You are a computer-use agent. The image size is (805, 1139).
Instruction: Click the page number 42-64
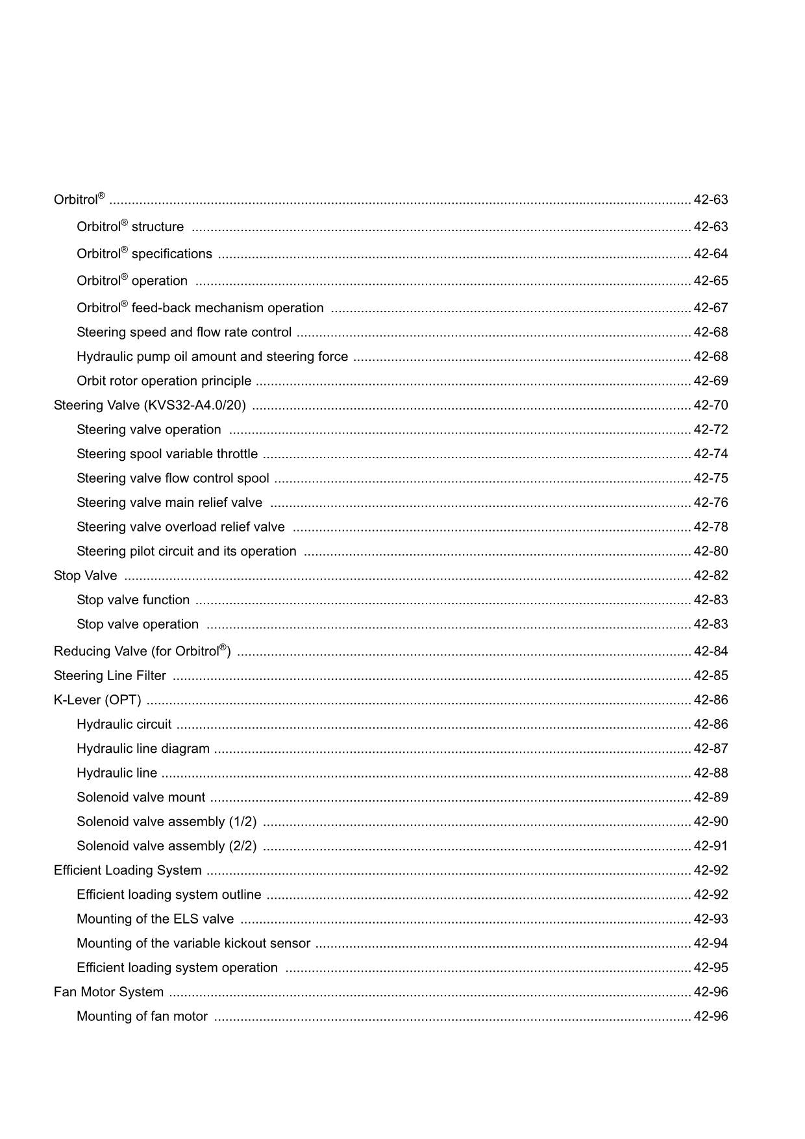click(711, 254)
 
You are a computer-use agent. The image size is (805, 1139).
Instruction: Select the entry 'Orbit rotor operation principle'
click(164, 381)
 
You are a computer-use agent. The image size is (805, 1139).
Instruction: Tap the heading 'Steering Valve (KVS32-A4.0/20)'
click(149, 406)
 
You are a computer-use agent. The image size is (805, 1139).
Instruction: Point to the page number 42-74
click(711, 454)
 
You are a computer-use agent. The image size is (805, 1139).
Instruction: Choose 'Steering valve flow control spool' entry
click(173, 478)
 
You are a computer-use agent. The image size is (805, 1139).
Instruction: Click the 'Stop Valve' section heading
click(85, 576)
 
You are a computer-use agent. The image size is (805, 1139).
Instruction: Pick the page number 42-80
click(711, 552)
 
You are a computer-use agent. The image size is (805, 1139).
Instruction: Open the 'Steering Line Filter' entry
click(110, 676)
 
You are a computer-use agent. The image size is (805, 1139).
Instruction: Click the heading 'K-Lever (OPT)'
click(97, 700)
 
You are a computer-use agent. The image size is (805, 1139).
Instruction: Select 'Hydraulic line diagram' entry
click(143, 749)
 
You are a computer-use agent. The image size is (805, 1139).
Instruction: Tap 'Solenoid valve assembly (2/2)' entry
click(166, 846)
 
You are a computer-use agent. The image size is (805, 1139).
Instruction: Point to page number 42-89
click(711, 798)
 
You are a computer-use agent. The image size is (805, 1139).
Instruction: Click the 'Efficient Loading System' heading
click(127, 870)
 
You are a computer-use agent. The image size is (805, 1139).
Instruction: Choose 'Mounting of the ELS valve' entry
click(155, 919)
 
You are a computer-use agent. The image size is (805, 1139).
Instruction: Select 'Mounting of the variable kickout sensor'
click(193, 944)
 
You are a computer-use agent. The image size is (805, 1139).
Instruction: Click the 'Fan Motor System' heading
click(108, 992)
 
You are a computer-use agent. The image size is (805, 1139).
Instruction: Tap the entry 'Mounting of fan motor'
click(142, 1016)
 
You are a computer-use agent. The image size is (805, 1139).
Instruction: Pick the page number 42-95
click(711, 968)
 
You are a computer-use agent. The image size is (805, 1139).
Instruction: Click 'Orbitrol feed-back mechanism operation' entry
click(200, 308)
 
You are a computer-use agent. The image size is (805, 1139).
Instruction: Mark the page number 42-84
click(711, 652)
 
